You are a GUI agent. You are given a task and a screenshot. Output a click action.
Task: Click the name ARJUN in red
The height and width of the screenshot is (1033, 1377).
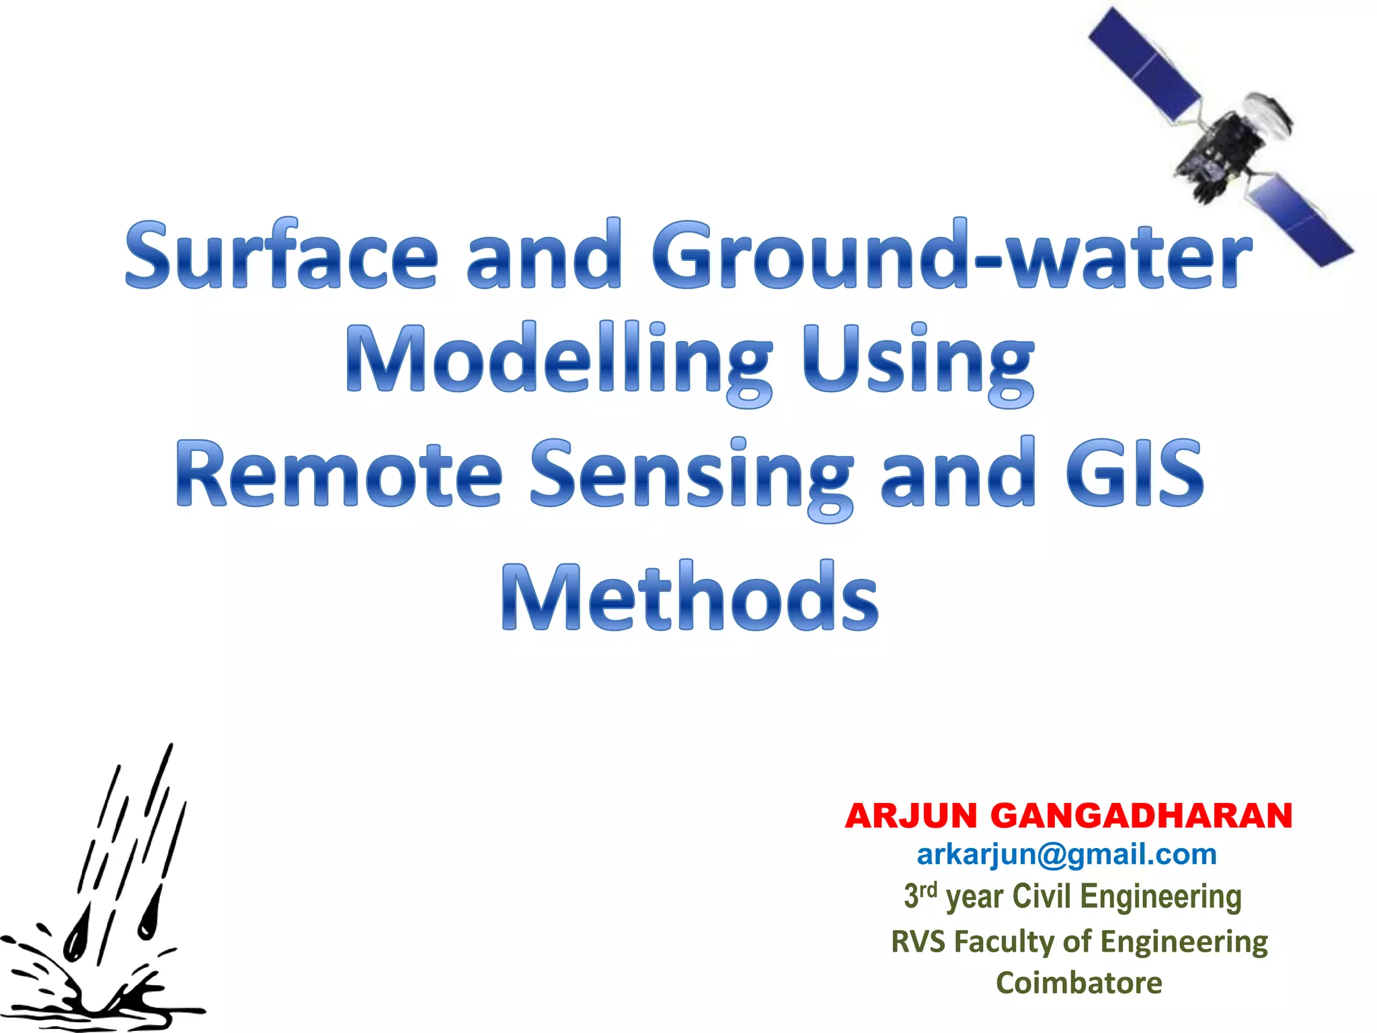[x=911, y=816]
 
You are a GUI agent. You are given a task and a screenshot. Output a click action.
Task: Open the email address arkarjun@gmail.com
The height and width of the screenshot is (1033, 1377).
[x=1067, y=855]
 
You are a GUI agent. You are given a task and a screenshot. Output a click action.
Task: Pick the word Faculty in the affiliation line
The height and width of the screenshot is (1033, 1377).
[x=1002, y=942]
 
